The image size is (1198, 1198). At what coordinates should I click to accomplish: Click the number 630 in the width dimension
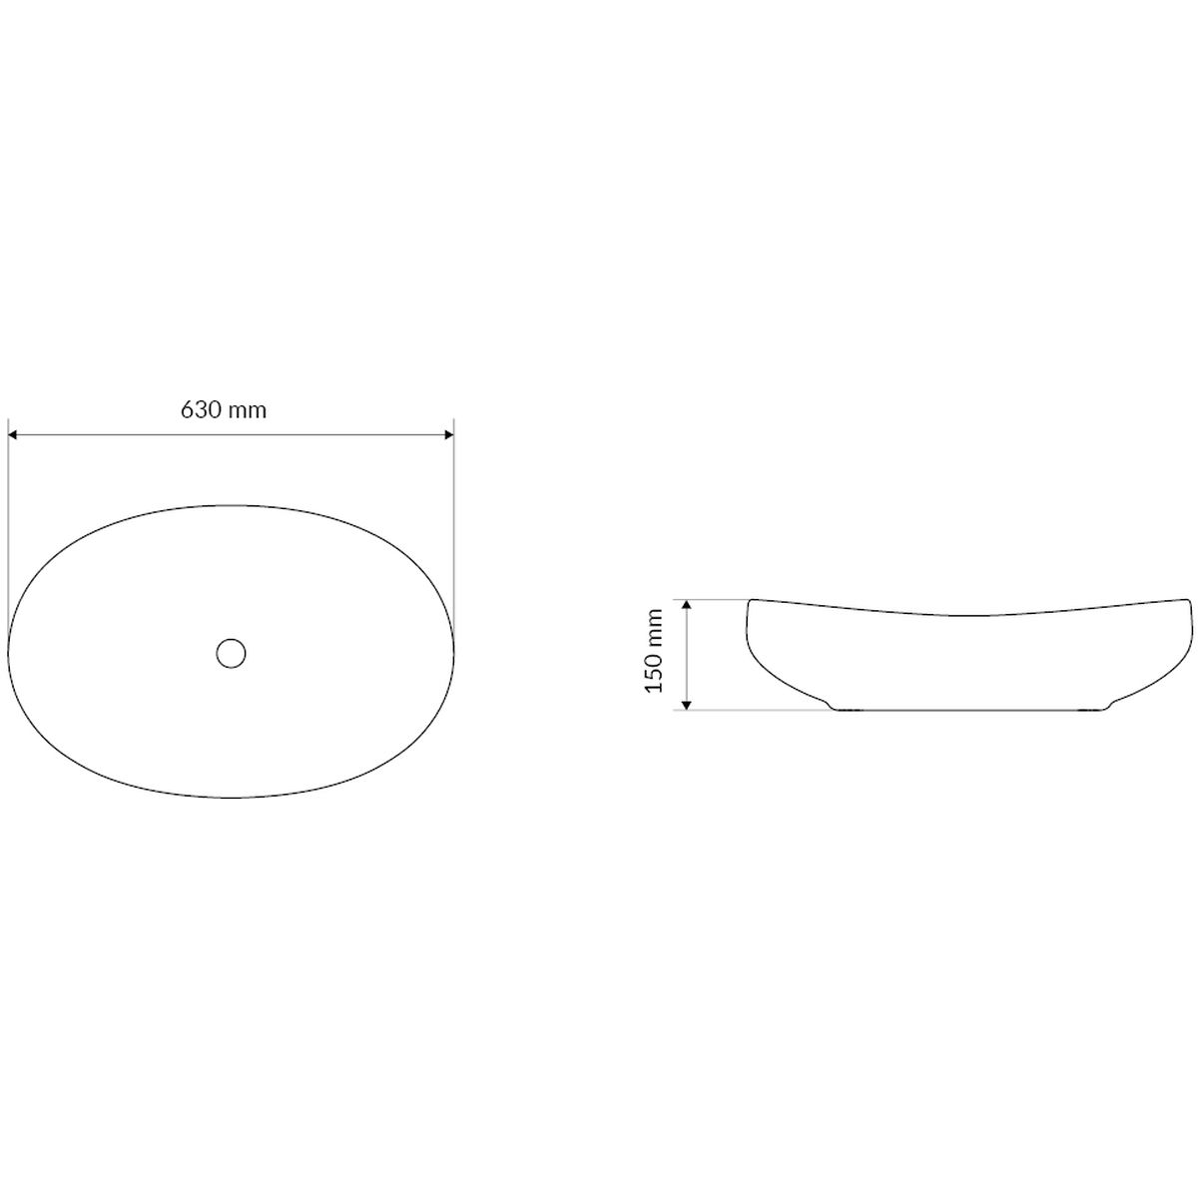pyautogui.click(x=201, y=410)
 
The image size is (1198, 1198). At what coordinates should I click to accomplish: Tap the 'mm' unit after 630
pyautogui.click(x=248, y=412)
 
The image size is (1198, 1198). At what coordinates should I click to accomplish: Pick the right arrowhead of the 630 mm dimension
pyautogui.click(x=447, y=435)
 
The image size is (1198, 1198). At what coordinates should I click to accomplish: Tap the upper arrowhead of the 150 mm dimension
pyautogui.click(x=686, y=606)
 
